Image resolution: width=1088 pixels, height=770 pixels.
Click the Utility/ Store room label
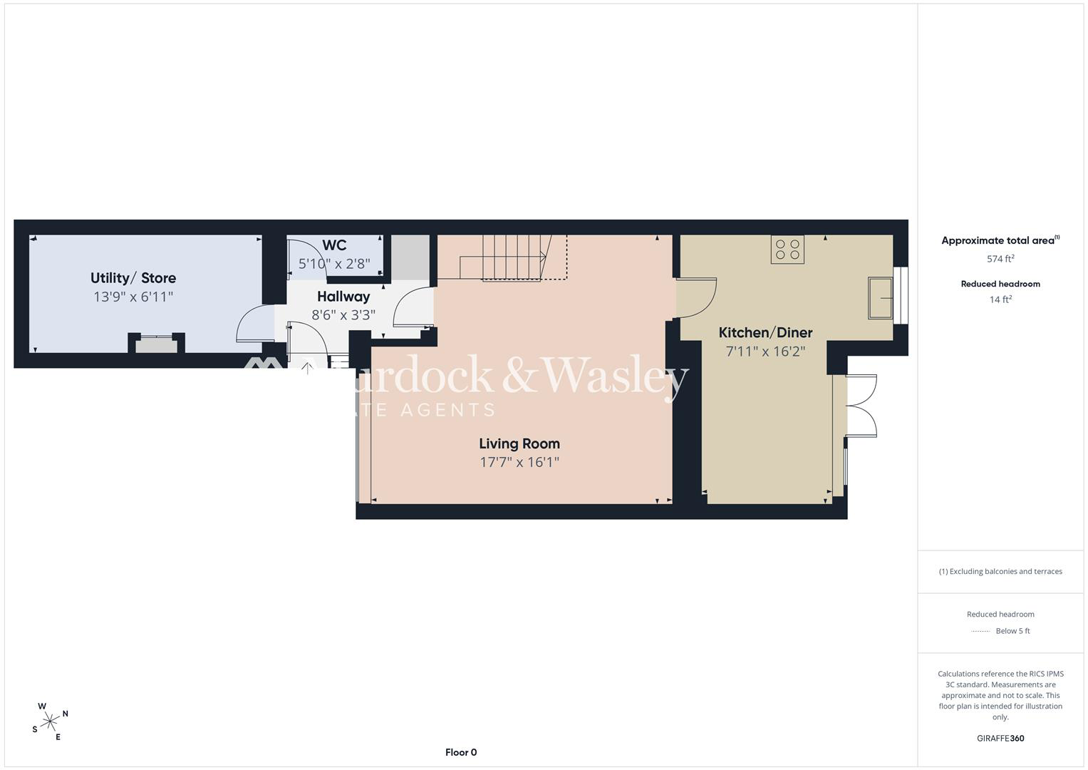pos(133,278)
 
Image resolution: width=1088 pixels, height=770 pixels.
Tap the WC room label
pos(334,245)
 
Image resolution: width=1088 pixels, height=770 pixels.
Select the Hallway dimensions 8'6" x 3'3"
pos(343,315)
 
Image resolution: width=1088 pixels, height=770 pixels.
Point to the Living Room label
pos(519,443)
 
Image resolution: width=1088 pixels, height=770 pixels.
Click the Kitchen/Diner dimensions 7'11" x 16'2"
pos(765,351)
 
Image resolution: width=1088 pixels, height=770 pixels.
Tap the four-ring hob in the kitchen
pos(787,250)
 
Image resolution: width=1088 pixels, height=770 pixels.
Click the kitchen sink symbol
pos(880,298)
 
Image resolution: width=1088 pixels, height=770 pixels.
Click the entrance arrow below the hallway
pos(307,368)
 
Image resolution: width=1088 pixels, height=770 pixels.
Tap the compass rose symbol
pos(50,722)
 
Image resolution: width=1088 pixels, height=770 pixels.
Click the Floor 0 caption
pos(461,752)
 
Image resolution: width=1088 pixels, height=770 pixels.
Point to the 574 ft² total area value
pos(1000,259)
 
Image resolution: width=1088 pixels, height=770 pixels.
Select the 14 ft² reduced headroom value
pos(1000,299)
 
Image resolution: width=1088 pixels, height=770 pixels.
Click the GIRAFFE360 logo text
pos(1000,738)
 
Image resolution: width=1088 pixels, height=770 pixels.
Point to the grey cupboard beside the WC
pos(410,257)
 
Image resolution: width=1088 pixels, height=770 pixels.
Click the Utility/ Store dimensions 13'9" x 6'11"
pos(133,297)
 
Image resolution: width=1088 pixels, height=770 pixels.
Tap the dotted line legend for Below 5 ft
pos(980,631)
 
